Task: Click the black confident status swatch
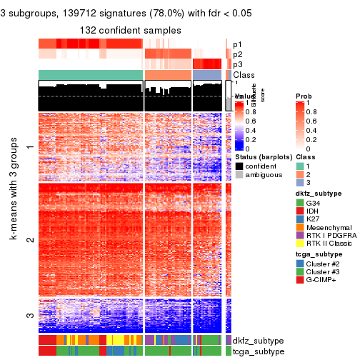[x=239, y=166]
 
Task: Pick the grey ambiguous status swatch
[x=239, y=176]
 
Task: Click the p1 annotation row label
[x=238, y=44]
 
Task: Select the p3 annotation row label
[x=238, y=64]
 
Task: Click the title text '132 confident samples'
[x=131, y=29]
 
